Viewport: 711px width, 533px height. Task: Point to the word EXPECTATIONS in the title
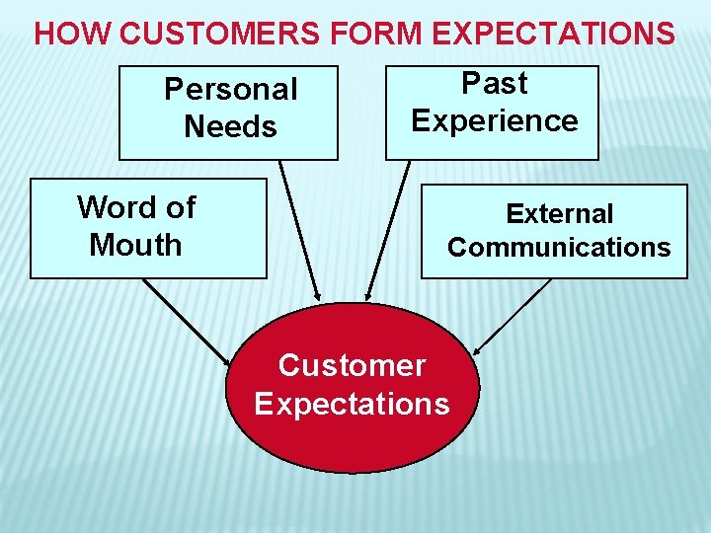pos(553,34)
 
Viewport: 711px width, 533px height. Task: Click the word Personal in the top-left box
pos(230,89)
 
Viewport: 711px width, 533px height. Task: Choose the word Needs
pos(230,126)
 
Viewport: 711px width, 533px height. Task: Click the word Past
pos(495,83)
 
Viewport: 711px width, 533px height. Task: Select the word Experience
pos(495,120)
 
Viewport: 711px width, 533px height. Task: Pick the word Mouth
pos(135,245)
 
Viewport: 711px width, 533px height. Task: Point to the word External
pos(559,213)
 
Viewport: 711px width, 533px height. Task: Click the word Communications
pos(559,247)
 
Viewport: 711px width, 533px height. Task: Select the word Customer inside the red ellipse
pos(352,365)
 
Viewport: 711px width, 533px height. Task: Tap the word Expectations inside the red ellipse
pos(352,403)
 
